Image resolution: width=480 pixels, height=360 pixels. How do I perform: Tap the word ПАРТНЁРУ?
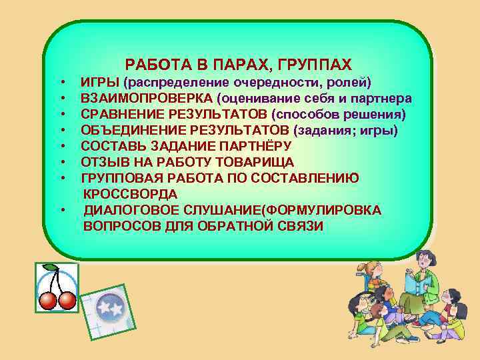click(x=257, y=146)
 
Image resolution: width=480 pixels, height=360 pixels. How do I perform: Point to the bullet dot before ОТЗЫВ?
click(x=62, y=162)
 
